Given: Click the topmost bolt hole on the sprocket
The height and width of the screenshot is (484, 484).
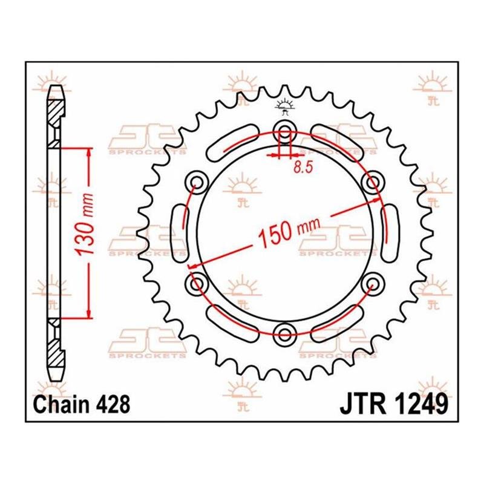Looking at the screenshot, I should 284,129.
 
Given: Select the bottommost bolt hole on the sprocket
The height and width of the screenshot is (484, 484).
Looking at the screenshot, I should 284,330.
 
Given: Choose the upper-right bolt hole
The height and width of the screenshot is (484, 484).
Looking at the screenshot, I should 371,180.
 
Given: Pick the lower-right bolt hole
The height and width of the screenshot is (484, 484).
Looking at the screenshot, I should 371,281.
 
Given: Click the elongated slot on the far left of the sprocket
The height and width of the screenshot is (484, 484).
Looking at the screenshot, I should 180,231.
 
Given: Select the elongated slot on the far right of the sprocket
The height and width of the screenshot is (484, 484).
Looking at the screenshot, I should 389,231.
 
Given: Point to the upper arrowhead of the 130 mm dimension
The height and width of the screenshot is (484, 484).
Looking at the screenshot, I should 89,152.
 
